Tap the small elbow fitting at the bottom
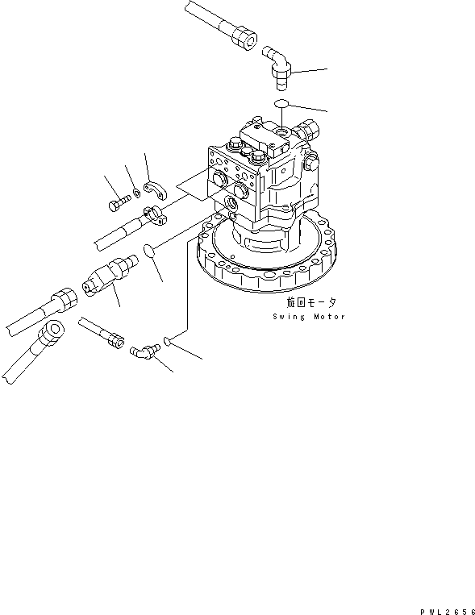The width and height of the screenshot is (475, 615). (x=142, y=351)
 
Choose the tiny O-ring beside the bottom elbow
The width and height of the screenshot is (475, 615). (x=165, y=343)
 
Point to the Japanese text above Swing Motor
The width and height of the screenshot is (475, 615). (x=310, y=303)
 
